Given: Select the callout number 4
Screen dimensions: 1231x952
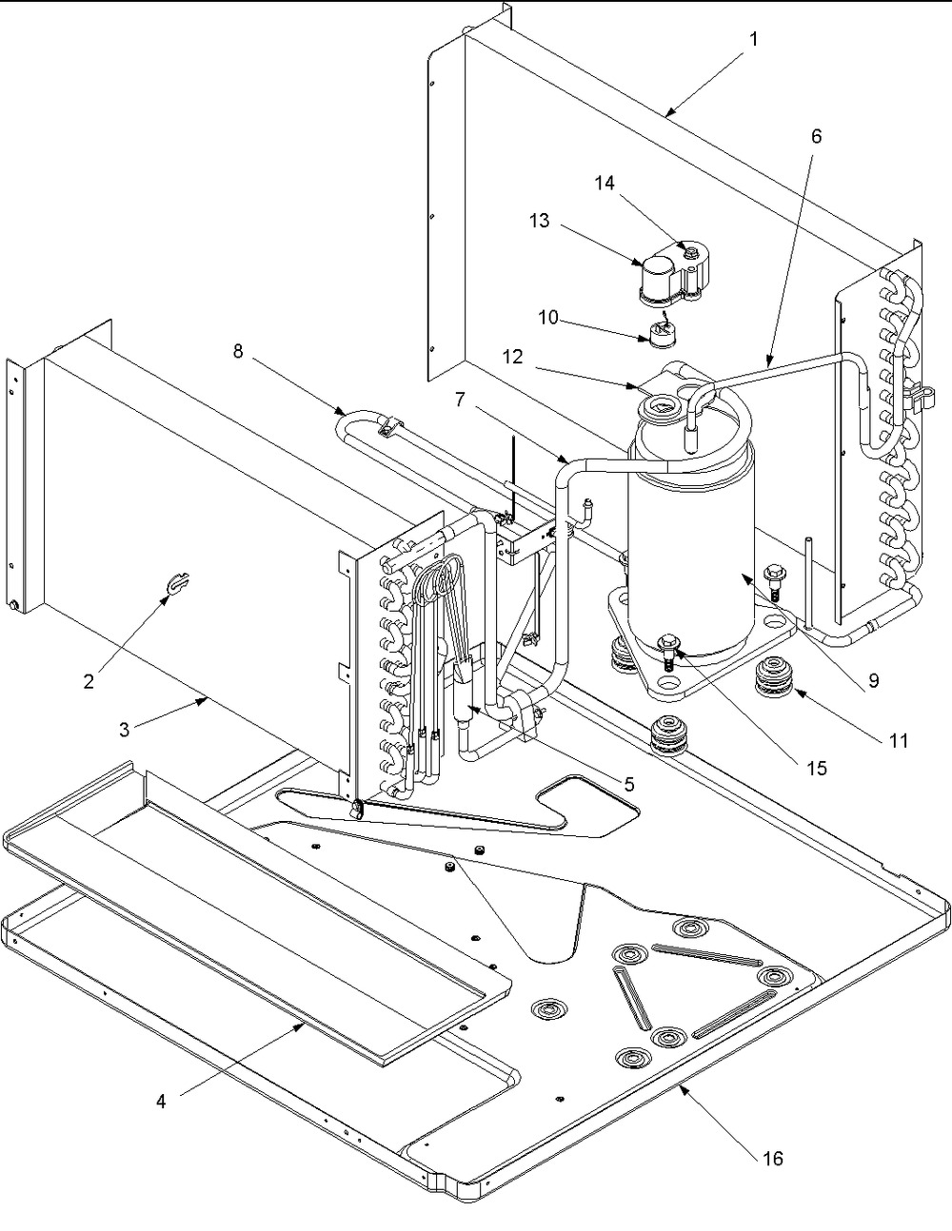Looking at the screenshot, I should pyautogui.click(x=161, y=1101).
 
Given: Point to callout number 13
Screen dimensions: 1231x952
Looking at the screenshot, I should pyautogui.click(x=540, y=222).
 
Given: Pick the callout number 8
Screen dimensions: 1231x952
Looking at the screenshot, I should pyautogui.click(x=238, y=351).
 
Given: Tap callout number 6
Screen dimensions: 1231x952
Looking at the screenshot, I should pyautogui.click(x=816, y=136).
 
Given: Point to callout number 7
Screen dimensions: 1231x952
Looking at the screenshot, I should pyautogui.click(x=460, y=400).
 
